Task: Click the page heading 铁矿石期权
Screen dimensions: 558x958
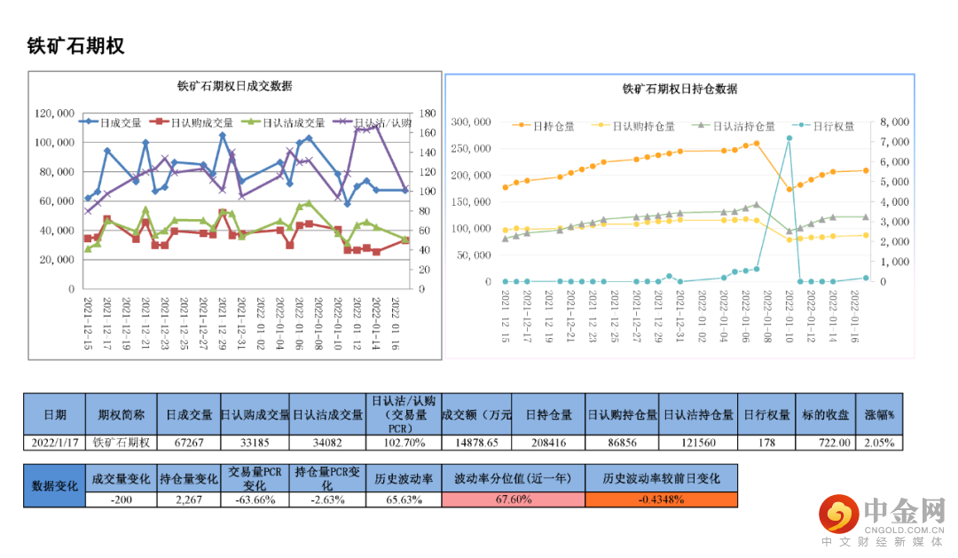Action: [x=75, y=47]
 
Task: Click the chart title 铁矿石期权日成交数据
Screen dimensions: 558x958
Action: [x=235, y=86]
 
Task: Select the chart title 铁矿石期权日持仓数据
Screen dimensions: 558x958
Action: [x=679, y=89]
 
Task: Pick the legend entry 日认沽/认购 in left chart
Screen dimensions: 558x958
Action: [x=381, y=122]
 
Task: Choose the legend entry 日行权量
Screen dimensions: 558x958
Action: [x=833, y=126]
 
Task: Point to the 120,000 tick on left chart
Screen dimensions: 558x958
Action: [x=54, y=113]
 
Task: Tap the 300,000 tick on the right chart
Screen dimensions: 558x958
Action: [x=472, y=122]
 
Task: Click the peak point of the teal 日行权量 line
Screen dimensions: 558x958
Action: [x=789, y=138]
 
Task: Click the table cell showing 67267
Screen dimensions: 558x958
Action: [x=189, y=442]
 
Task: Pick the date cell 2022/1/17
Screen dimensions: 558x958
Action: [x=55, y=442]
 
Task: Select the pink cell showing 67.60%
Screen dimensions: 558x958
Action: [x=513, y=499]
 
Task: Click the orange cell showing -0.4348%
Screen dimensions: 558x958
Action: [x=661, y=499]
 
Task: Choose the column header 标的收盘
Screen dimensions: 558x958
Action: [x=831, y=414]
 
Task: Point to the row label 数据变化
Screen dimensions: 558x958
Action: [x=55, y=485]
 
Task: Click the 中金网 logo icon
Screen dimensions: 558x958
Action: [x=837, y=513]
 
